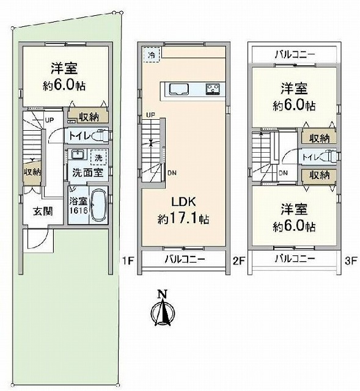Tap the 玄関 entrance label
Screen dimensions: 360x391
(x=43, y=211)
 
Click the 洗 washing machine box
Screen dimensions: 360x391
(x=98, y=158)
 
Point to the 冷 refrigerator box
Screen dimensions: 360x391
(x=151, y=54)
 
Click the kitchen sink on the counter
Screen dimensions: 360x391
(x=179, y=89)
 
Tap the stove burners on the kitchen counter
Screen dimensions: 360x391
(x=213, y=89)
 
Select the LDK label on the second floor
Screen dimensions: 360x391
(x=183, y=202)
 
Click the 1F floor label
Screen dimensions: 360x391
(x=128, y=261)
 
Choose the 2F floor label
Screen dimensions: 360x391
(x=239, y=261)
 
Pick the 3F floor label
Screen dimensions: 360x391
(x=351, y=261)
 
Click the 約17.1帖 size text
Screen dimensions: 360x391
(x=183, y=219)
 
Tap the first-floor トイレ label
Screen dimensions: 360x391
(x=79, y=136)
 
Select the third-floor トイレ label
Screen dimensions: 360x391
(x=310, y=157)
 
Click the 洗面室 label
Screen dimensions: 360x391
(x=88, y=172)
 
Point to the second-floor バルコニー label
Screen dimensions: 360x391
(x=185, y=259)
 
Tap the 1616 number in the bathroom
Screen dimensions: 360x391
(x=78, y=210)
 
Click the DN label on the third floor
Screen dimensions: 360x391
(x=283, y=172)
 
